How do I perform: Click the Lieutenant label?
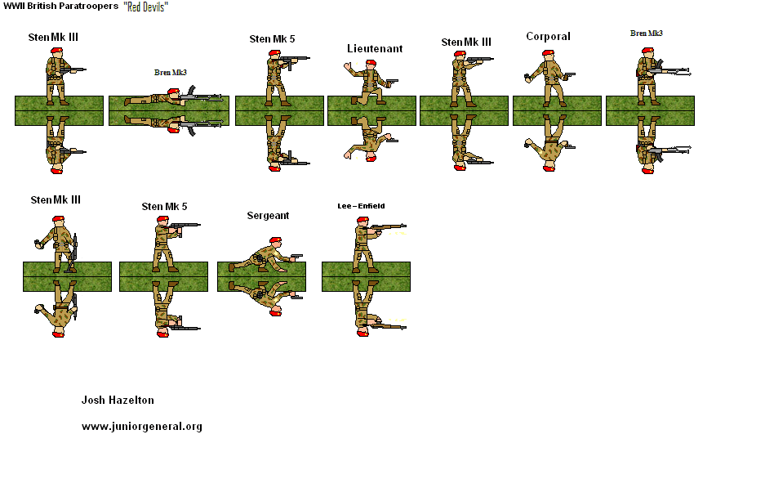(x=375, y=49)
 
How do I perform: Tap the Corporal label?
(x=548, y=37)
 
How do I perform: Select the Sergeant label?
(x=268, y=216)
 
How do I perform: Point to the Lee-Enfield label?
(x=361, y=206)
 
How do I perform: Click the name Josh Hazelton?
(x=118, y=401)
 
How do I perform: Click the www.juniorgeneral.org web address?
(x=142, y=427)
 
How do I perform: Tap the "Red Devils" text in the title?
(x=146, y=7)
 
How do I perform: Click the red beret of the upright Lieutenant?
(x=370, y=63)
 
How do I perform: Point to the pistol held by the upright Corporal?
(x=569, y=75)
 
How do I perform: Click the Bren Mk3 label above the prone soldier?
(x=171, y=73)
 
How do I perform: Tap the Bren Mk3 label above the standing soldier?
(x=646, y=34)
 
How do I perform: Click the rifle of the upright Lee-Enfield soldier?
(x=390, y=226)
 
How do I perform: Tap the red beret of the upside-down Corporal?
(x=548, y=168)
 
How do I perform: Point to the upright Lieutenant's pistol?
(x=391, y=82)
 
